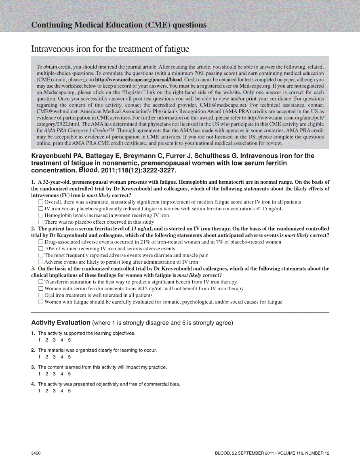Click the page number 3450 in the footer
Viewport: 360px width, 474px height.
coord(36,453)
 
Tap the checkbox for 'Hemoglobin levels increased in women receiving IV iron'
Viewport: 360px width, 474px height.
coord(41,215)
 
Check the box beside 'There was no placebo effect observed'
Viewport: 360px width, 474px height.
coord(41,222)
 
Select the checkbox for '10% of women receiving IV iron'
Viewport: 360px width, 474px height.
coord(41,249)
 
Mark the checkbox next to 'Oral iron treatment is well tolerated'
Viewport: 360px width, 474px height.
coord(41,295)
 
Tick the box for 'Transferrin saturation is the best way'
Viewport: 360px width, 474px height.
coord(41,282)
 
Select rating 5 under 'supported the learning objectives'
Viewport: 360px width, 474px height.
coord(69,340)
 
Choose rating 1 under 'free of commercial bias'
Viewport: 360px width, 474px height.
coord(39,391)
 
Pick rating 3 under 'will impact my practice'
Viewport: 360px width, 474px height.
coord(55,374)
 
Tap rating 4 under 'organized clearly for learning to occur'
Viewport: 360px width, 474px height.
coord(62,357)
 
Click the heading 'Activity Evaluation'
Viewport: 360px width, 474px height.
coord(61,323)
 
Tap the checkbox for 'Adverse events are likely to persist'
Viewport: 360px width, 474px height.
coord(41,262)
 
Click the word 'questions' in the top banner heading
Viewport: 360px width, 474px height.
coord(189,25)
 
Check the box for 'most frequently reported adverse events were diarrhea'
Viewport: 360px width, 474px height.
coord(41,255)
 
